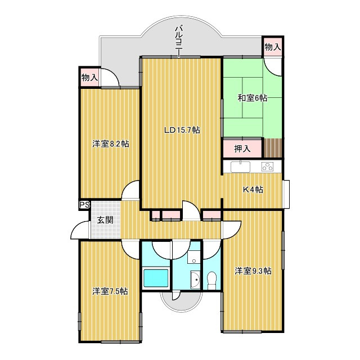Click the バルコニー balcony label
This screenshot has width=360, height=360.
178,41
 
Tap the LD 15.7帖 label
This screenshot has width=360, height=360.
182,130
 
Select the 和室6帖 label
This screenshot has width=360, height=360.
252,98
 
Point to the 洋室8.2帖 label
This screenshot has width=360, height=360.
110,144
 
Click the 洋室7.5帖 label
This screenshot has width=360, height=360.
110,291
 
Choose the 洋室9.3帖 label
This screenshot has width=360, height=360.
253,271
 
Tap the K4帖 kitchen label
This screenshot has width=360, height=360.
253,190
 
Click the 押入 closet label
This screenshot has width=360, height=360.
242,148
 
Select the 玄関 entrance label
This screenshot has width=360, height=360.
105,220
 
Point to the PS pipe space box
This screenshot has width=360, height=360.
84,205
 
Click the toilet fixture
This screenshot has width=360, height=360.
211,281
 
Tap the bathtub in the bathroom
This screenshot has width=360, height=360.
156,278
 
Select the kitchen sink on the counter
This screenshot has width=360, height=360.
240,166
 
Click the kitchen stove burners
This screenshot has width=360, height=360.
267,167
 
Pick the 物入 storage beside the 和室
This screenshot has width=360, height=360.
272,47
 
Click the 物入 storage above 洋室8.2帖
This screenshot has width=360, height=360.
90,78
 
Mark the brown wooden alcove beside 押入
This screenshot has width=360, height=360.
272,148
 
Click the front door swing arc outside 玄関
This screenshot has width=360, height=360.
79,229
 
